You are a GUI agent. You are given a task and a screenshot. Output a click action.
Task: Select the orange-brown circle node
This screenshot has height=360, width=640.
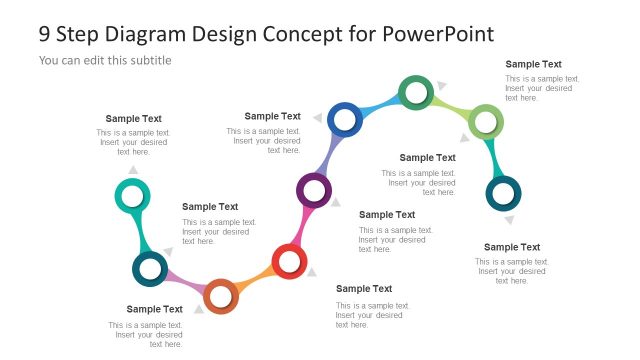tap(221, 295)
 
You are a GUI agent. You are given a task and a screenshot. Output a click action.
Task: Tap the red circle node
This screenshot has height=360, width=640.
tap(289, 263)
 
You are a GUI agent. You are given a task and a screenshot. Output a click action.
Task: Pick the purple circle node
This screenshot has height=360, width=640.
tap(314, 189)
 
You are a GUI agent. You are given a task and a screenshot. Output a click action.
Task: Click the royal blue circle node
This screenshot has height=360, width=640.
tap(345, 120)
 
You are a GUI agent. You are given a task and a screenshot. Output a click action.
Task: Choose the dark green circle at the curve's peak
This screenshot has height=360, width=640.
tap(416, 92)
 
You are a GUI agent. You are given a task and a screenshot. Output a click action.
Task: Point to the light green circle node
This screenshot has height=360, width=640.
tap(485, 122)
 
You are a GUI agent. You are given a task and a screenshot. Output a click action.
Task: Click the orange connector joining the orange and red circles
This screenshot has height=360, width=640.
tap(256, 279)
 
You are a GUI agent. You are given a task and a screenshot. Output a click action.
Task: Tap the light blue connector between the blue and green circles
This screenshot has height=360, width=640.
tap(380, 105)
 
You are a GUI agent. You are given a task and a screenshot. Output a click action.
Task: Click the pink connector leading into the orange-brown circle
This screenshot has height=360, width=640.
tap(185, 283)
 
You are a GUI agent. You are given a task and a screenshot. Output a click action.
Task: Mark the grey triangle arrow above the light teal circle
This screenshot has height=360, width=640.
tap(133, 169)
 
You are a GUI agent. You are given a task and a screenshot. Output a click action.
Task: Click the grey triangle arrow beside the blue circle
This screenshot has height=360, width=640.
tap(318, 119)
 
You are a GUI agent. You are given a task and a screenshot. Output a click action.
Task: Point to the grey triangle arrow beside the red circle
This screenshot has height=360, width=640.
tap(312, 271)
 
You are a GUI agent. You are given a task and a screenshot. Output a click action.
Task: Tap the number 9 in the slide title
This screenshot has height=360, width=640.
tap(45, 34)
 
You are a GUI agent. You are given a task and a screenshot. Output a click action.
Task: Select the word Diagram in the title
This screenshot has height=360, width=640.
tap(154, 34)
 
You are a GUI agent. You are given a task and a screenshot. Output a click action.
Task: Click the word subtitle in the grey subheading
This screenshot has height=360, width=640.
tap(149, 60)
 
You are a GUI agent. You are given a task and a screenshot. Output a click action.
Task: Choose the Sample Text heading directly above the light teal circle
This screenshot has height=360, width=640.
tap(133, 119)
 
